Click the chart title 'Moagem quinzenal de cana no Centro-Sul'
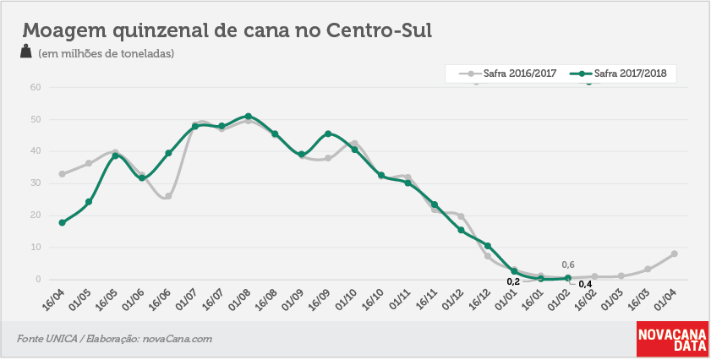[227, 30]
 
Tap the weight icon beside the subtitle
[26, 52]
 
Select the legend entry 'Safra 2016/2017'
[507, 74]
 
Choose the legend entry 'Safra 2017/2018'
[618, 74]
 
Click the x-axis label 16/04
[53, 298]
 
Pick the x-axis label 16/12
[479, 298]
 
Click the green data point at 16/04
[62, 222]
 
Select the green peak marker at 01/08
[248, 117]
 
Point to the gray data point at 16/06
[168, 196]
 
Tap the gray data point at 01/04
[675, 254]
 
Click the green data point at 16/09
[328, 134]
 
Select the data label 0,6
[568, 265]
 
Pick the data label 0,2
[513, 281]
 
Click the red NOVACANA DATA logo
[672, 339]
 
